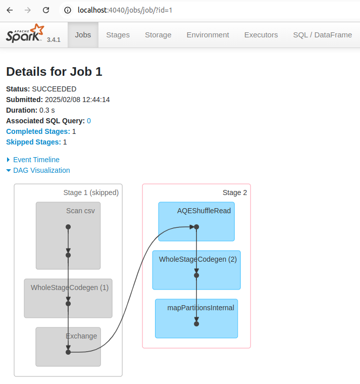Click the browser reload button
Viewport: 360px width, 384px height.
pos(46,10)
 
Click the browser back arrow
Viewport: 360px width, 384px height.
pos(10,10)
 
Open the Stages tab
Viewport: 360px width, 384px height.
pos(118,35)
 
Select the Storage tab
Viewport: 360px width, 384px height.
pos(158,35)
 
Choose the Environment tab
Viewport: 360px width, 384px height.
pos(208,35)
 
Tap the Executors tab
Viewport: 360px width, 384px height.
pos(261,35)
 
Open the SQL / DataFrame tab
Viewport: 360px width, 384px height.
pos(322,35)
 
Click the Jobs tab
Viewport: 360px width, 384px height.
pos(83,35)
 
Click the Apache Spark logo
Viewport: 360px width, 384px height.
pos(26,34)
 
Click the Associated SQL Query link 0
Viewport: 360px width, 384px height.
pos(89,121)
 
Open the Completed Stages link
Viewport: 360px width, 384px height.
pos(38,131)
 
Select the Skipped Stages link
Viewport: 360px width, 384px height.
pos(33,142)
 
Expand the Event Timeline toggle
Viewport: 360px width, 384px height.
pos(36,160)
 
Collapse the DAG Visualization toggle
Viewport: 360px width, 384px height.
pos(41,170)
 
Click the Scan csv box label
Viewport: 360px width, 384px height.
pos(80,211)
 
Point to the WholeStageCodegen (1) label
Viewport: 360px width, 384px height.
pos(70,287)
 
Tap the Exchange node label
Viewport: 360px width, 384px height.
pos(81,336)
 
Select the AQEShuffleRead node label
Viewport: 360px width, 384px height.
pos(204,211)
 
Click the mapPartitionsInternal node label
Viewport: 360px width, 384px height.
pos(201,307)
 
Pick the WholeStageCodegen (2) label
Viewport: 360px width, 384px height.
pos(198,259)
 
